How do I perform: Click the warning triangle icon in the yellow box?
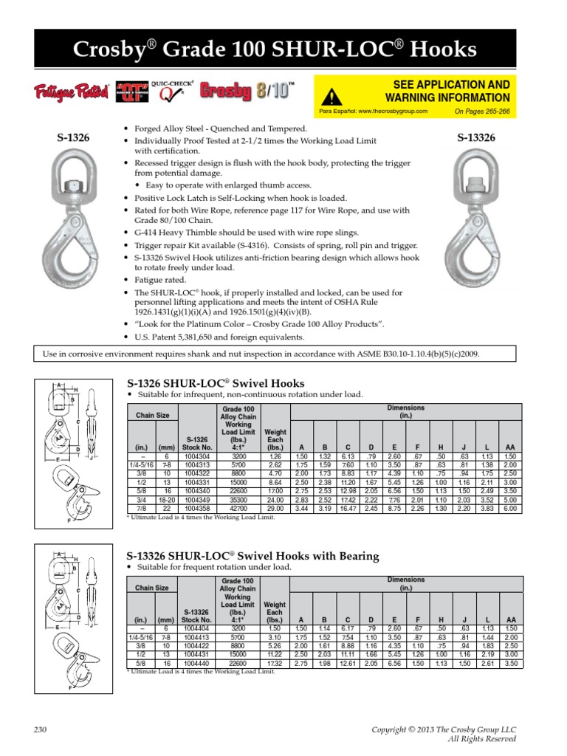pos(334,96)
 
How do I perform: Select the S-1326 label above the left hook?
pos(74,138)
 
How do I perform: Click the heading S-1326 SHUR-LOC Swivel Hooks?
pos(215,382)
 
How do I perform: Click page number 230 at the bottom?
pos(41,729)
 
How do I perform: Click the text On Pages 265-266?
pos(484,111)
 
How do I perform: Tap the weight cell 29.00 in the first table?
pos(275,509)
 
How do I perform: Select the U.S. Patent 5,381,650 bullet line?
pos(219,336)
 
